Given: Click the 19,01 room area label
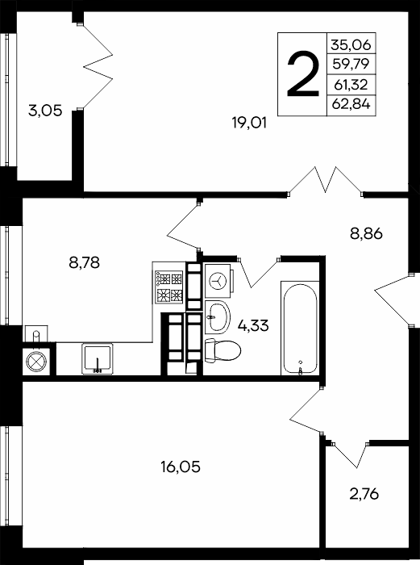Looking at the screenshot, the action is [249, 123].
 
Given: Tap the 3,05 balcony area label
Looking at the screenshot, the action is [45, 111].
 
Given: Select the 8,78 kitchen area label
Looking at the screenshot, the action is [84, 262].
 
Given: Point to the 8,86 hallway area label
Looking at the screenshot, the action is [366, 234].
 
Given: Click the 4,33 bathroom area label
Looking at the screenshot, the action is [253, 326].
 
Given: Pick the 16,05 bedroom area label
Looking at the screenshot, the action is [181, 467].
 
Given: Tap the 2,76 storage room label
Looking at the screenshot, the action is [364, 494].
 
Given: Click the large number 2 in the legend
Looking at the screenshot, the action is [303, 74].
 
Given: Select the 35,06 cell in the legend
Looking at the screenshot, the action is [351, 44].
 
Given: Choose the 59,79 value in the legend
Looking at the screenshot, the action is [351, 64].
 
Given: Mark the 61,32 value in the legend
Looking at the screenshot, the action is [351, 85].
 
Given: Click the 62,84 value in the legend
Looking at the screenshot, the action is [351, 104].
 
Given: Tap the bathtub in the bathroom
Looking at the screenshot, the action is [301, 328].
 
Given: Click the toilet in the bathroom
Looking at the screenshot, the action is [222, 350].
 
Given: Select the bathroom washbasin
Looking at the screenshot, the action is [218, 317].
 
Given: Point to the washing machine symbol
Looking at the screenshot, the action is [218, 279].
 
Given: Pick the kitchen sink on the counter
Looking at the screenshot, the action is [98, 358].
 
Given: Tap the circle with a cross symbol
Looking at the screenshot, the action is [36, 362].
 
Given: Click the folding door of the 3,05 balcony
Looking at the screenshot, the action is [98, 66].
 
